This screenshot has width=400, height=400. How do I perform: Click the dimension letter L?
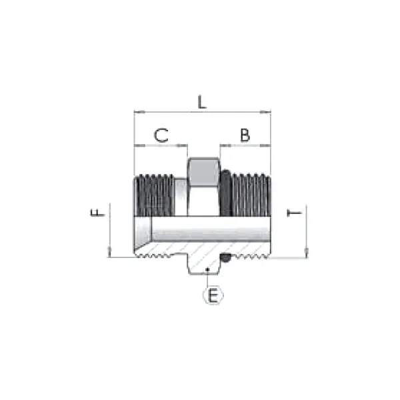click(x=203, y=102)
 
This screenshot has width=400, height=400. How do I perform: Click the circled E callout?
click(x=213, y=295)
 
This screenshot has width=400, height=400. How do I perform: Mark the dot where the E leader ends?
click(x=208, y=269)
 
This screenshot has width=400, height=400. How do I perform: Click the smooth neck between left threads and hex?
click(x=180, y=195)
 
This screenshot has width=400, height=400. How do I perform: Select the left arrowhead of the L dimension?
click(x=137, y=112)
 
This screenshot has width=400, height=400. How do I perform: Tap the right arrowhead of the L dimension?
click(x=268, y=112)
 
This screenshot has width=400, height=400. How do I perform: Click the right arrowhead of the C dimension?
click(x=185, y=145)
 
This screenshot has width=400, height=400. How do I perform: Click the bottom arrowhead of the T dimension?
click(x=307, y=253)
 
